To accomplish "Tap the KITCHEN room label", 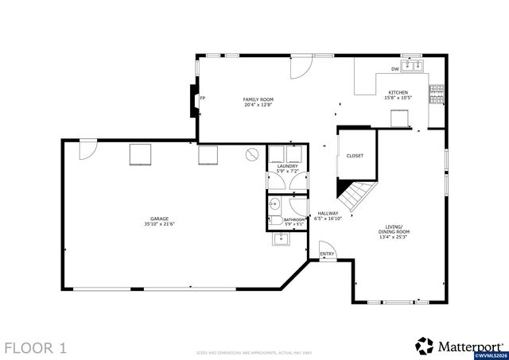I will pos(397,93).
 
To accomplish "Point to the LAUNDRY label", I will pos(287,165).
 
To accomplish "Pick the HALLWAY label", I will pos(328,213).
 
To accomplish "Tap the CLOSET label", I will pos(354,156).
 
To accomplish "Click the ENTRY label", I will pos(327,254).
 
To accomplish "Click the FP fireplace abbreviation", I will pos(203,99).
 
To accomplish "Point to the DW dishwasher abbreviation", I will pos(394,69).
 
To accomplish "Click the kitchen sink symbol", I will pos(413,66).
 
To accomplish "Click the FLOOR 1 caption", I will pos(36,347).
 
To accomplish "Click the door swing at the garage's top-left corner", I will pos(88,148).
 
